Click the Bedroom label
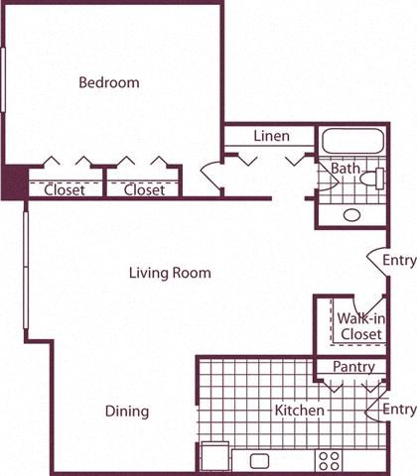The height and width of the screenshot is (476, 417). (109, 83)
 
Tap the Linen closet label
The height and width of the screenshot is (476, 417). (271, 136)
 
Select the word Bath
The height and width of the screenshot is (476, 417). (345, 170)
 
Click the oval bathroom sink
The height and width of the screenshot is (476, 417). (352, 214)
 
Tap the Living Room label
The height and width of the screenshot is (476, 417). (171, 273)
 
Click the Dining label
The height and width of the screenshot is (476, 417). (127, 411)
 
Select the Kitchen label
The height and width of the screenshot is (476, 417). (299, 410)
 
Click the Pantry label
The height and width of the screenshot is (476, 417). (353, 368)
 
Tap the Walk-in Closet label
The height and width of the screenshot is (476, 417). (360, 326)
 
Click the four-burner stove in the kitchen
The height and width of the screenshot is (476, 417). (329, 460)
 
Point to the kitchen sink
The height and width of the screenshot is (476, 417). (260, 460)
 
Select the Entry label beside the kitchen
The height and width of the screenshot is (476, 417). (399, 410)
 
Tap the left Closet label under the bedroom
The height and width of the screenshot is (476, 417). (65, 190)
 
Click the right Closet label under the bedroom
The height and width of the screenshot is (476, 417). (144, 190)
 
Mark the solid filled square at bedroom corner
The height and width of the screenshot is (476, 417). (14, 184)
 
